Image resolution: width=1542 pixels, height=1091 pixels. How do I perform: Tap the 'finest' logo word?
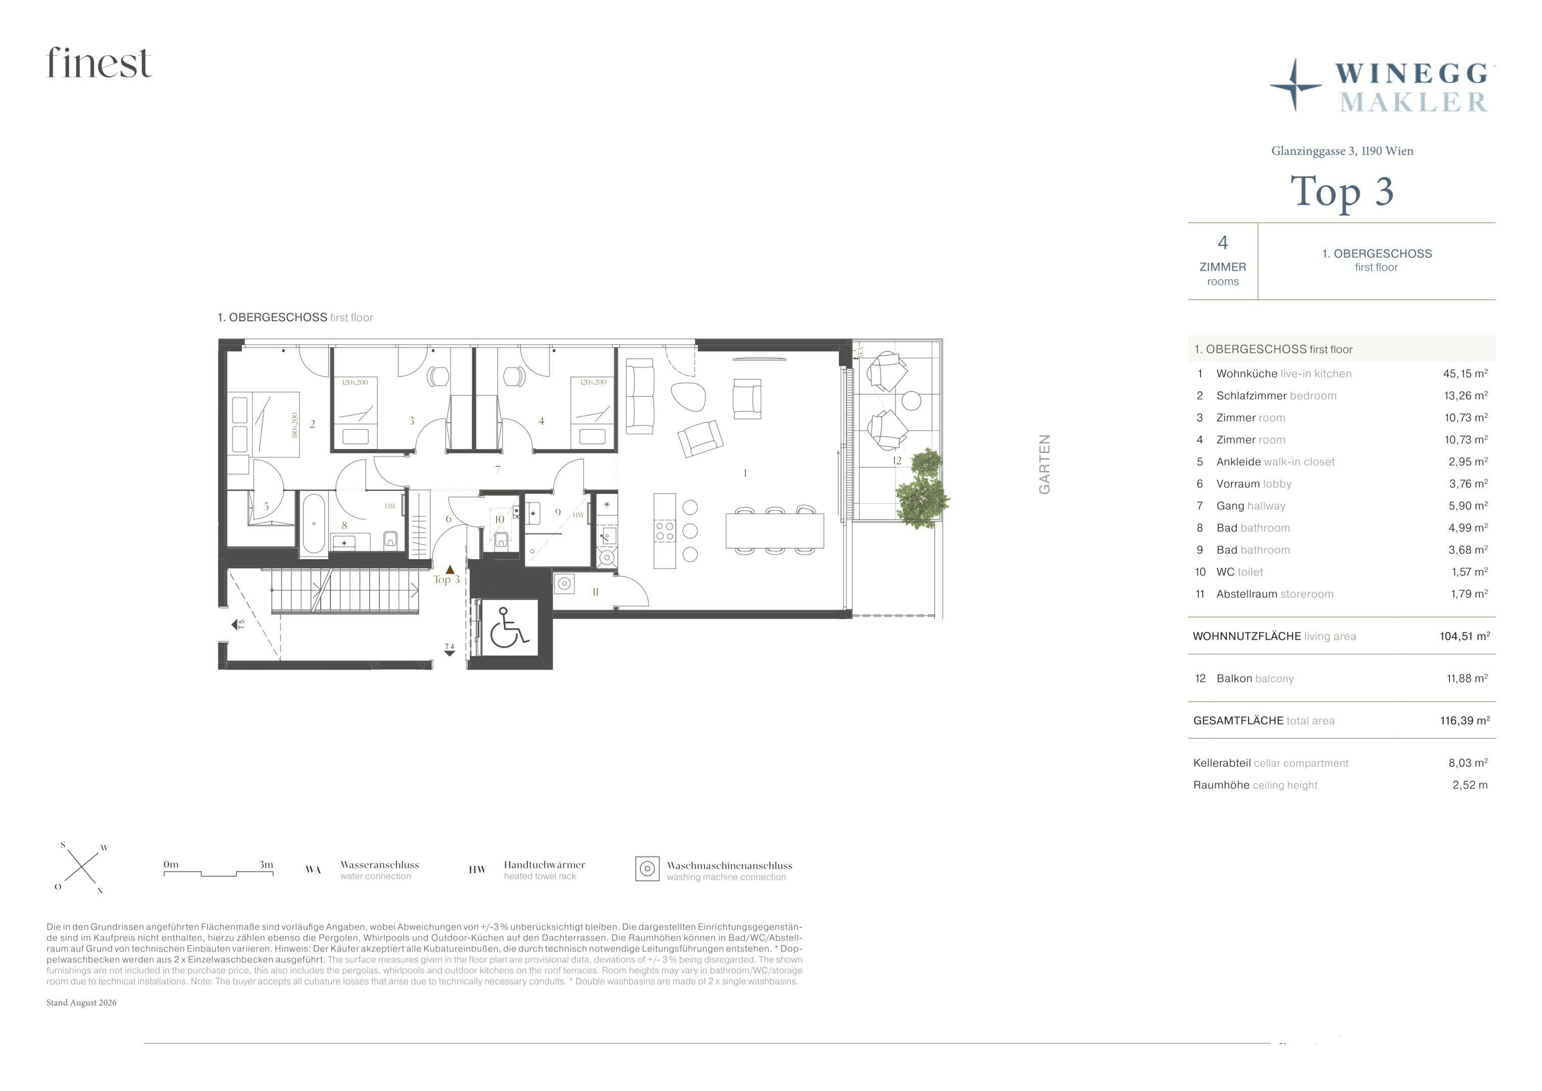100,63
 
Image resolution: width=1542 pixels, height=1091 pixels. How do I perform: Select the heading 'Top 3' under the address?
1342,191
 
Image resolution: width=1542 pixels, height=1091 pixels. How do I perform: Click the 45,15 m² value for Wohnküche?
1465,374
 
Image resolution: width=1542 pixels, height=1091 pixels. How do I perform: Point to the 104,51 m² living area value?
1465,636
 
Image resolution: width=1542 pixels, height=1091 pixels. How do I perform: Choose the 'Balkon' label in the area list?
1234,678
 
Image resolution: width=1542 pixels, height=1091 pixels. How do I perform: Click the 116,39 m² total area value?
1465,720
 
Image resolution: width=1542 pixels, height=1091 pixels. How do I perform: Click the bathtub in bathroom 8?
313,523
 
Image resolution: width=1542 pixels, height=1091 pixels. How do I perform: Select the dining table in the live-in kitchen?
775,531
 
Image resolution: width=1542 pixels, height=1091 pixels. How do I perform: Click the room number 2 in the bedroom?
312,424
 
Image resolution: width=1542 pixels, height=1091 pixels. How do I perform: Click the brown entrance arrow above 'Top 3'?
450,570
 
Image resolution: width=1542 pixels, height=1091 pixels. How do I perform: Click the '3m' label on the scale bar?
266,865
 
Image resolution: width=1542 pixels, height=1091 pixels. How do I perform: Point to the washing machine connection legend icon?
648,869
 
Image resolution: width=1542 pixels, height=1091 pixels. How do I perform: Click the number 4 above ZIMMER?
1223,242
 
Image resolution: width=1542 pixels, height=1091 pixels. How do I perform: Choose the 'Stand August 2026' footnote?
81,1002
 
